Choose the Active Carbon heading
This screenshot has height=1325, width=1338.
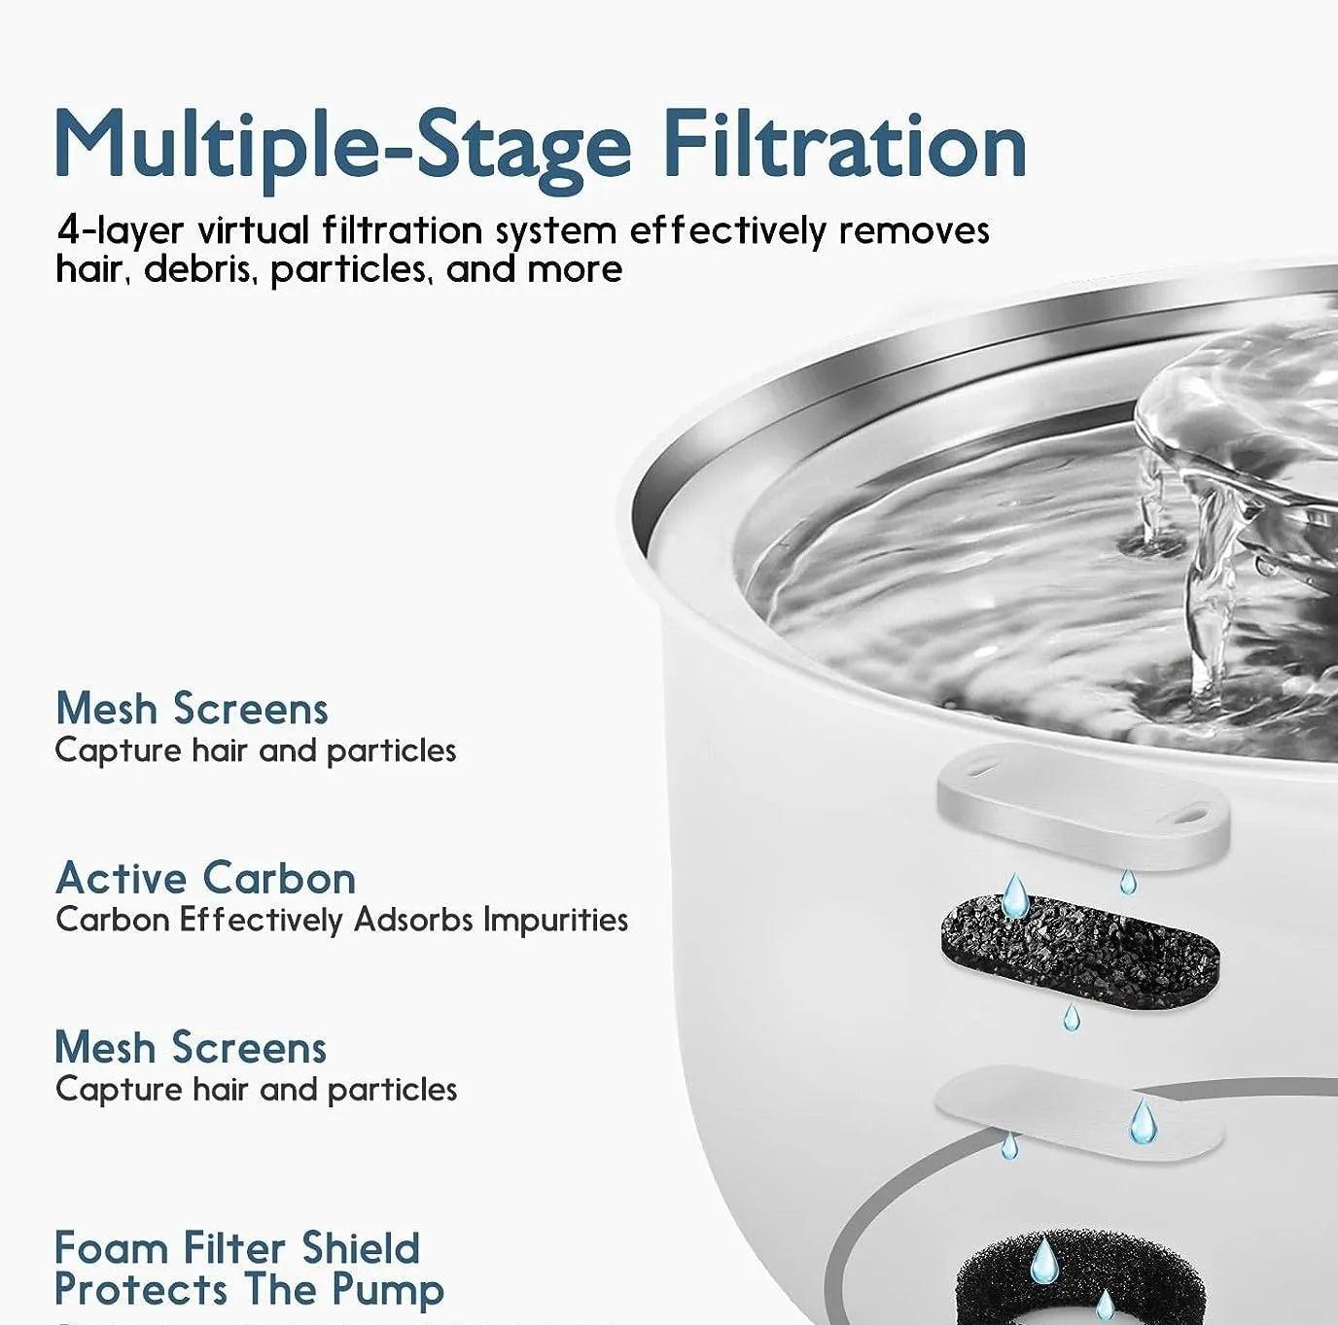point(205,878)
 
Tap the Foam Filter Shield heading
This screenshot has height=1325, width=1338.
point(236,1248)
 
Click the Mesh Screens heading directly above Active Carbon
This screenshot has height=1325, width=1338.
point(192,708)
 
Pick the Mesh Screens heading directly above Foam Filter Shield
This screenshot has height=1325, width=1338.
point(192,1047)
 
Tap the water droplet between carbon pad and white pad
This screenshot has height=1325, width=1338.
point(1071,1018)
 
